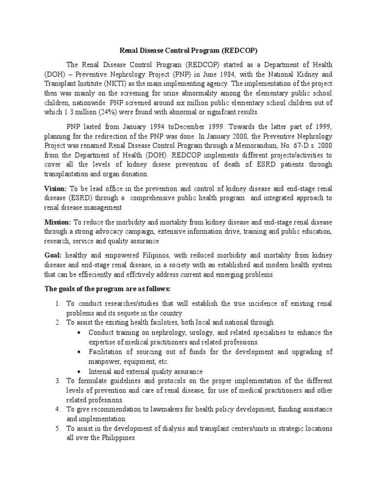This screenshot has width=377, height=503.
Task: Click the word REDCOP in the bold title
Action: click(x=240, y=50)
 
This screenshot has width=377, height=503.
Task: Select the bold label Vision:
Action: click(x=55, y=188)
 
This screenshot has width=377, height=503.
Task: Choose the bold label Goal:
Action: click(x=53, y=256)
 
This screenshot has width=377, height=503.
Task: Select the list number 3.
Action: click(x=57, y=381)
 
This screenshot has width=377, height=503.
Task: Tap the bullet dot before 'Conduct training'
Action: click(x=80, y=333)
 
